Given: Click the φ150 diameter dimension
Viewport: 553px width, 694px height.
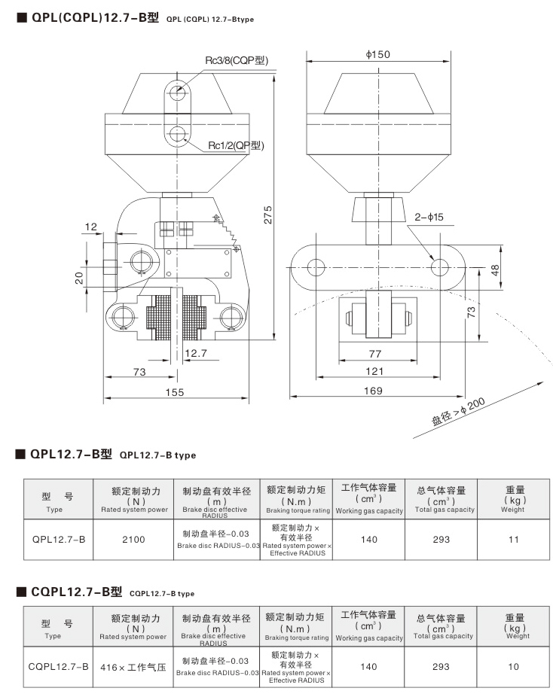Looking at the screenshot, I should coord(379,55).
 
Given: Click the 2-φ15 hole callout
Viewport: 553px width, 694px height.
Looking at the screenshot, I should coord(429,217).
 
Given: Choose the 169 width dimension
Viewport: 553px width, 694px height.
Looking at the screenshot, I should coord(372,390).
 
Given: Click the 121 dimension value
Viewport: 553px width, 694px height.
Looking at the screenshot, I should coord(374,370).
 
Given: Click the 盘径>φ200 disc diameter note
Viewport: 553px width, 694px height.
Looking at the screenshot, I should coord(459,412).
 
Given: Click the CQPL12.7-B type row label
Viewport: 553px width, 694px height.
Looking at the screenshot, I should coord(59,666).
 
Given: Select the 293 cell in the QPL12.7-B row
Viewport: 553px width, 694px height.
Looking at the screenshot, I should coord(441,539).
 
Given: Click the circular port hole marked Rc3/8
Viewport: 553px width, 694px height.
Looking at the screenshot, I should coord(177,92).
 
